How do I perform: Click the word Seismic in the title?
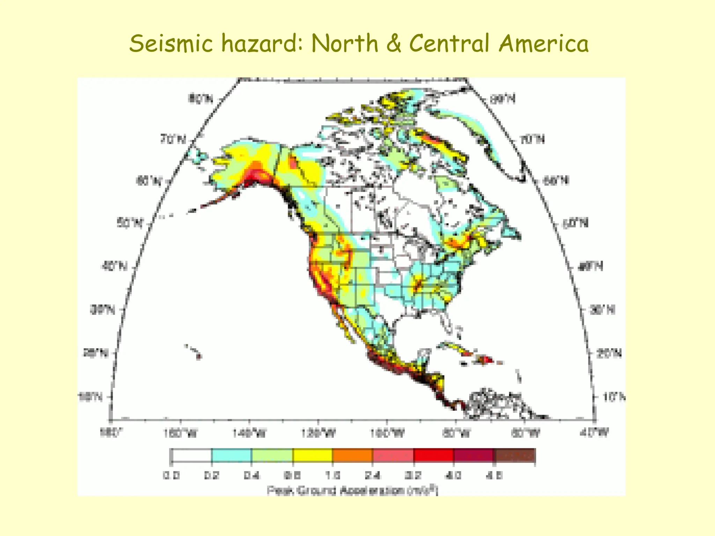(x=171, y=44)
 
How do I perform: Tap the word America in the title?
(x=543, y=44)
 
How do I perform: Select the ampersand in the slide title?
(x=393, y=44)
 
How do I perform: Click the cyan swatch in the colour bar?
(x=231, y=455)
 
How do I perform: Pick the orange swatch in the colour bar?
(x=352, y=455)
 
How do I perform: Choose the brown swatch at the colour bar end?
(x=515, y=455)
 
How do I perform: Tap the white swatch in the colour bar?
(x=191, y=455)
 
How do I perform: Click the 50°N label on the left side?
(x=130, y=223)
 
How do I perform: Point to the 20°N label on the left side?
(x=95, y=353)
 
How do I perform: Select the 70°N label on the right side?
(x=532, y=140)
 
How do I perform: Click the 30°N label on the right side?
(x=602, y=310)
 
